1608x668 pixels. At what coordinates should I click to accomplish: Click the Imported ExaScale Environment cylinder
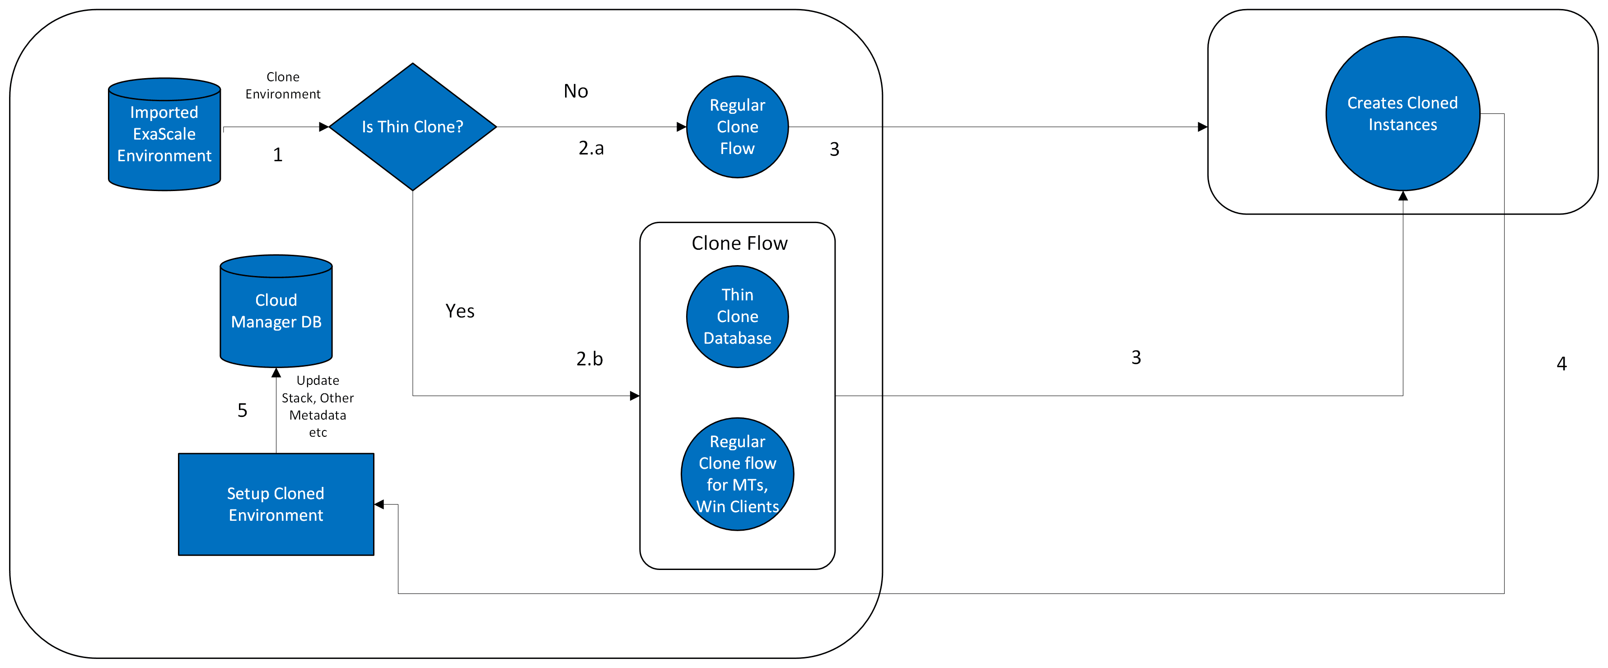click(164, 134)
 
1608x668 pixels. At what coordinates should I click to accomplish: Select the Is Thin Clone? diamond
click(412, 127)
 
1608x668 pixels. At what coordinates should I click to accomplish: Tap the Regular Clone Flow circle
click(737, 127)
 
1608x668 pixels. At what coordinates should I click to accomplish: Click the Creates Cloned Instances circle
click(1402, 114)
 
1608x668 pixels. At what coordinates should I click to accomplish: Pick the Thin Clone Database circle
click(737, 317)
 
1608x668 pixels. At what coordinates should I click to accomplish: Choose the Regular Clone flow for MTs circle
click(737, 474)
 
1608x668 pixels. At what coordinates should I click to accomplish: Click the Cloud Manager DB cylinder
click(276, 311)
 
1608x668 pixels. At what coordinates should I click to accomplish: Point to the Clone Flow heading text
click(739, 243)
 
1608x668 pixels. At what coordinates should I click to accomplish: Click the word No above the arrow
click(575, 91)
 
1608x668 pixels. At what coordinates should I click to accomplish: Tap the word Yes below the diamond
click(459, 311)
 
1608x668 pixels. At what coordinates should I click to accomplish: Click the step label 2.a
click(590, 148)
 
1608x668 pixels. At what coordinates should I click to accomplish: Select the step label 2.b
click(589, 358)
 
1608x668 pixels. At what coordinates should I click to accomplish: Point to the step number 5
click(242, 410)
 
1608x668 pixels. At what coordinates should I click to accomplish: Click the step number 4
click(1561, 363)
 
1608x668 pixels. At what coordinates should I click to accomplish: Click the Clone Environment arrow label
click(283, 85)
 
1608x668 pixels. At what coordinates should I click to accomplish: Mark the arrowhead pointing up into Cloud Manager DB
click(276, 373)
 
